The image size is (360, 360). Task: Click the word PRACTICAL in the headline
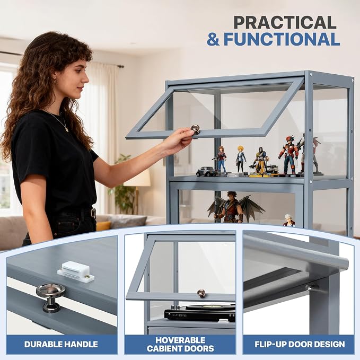pyautogui.click(x=285, y=22)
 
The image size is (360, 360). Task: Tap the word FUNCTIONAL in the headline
pyautogui.click(x=282, y=39)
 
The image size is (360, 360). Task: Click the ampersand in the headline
pyautogui.click(x=213, y=39)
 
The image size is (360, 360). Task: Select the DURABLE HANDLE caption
pyautogui.click(x=61, y=344)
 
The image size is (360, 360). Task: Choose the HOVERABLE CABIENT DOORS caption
pyautogui.click(x=180, y=344)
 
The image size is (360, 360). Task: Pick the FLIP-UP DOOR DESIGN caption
pyautogui.click(x=300, y=344)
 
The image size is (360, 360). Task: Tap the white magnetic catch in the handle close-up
pyautogui.click(x=75, y=272)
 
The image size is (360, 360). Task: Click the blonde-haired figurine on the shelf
pyautogui.click(x=240, y=159)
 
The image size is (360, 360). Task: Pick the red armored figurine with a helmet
pyautogui.click(x=288, y=155)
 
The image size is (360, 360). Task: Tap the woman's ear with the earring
pyautogui.click(x=55, y=79)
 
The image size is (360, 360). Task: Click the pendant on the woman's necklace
pyautogui.click(x=66, y=129)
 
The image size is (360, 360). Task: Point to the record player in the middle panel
pyautogui.click(x=200, y=313)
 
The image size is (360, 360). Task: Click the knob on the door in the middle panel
pyautogui.click(x=201, y=293)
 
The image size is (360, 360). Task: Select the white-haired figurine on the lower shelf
pyautogui.click(x=288, y=220)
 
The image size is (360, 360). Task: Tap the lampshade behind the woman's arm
pyautogui.click(x=137, y=178)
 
